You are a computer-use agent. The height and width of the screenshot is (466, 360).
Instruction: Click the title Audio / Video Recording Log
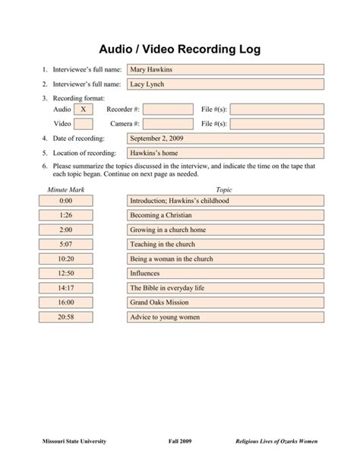tap(180, 49)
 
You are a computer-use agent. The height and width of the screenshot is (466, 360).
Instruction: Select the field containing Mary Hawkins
tap(226, 70)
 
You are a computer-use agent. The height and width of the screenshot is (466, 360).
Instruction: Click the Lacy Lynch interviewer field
tap(226, 84)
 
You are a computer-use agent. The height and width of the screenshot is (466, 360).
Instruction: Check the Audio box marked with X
tap(84, 109)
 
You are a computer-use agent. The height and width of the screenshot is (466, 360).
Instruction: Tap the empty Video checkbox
tap(84, 124)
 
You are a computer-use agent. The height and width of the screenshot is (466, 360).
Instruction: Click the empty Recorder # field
tap(168, 109)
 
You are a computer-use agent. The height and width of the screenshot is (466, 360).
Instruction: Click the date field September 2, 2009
tap(226, 139)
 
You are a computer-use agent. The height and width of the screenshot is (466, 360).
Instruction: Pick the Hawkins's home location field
tap(226, 154)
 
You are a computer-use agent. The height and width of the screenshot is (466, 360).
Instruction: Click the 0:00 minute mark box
tap(65, 201)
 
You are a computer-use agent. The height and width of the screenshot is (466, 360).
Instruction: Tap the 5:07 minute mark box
tap(65, 245)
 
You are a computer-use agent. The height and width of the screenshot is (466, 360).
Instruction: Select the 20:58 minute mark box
tap(65, 317)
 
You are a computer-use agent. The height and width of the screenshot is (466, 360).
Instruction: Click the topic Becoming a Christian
tap(226, 215)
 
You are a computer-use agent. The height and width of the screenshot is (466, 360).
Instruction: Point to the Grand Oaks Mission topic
tap(226, 303)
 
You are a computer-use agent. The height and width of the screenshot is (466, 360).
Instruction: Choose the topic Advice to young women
tap(226, 317)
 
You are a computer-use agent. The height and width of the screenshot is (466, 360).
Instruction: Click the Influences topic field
tap(226, 274)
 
